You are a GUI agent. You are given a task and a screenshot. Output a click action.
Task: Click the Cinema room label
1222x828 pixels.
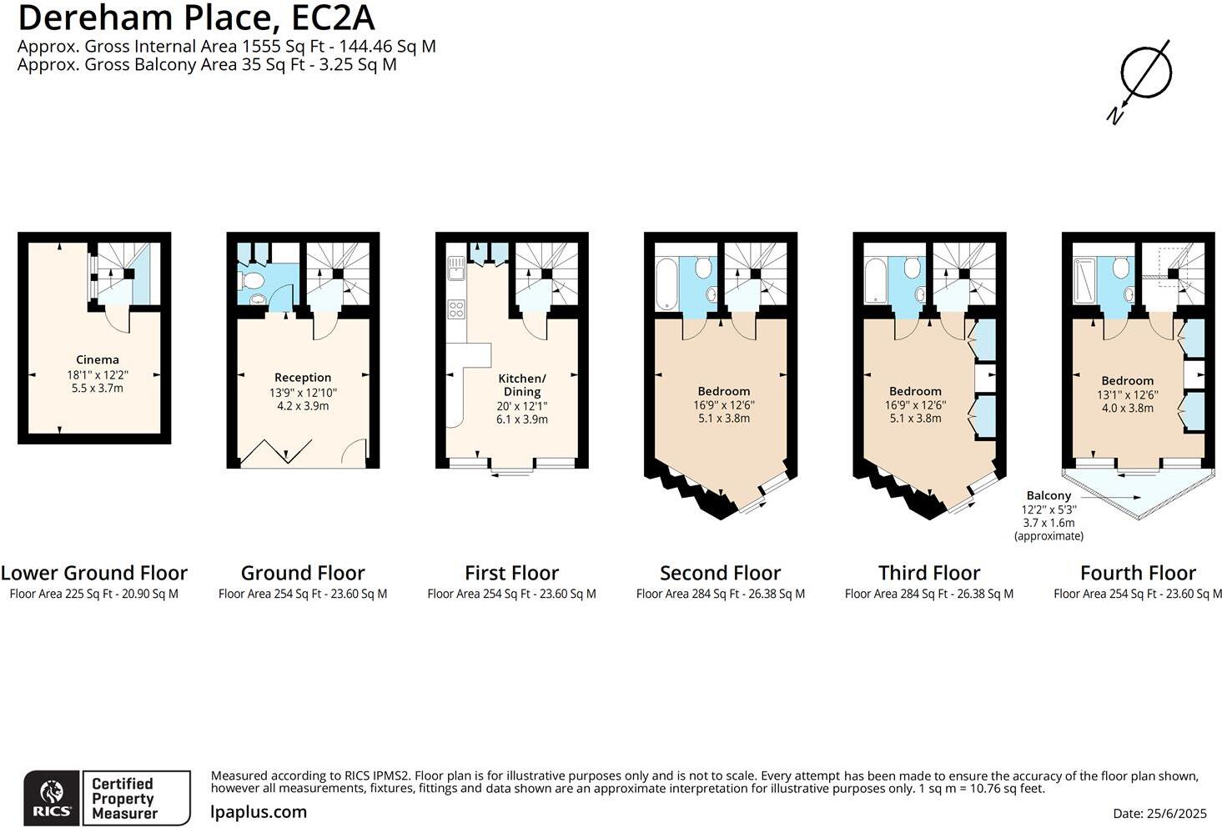pyautogui.click(x=97, y=359)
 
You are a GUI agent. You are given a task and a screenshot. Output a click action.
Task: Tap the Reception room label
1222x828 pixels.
pyautogui.click(x=303, y=378)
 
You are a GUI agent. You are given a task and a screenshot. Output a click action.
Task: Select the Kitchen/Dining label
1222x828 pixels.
pyautogui.click(x=522, y=384)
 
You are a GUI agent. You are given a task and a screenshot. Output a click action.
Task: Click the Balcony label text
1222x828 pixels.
pyautogui.click(x=1049, y=495)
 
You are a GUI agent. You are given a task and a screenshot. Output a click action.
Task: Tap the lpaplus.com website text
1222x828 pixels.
pyautogui.click(x=259, y=811)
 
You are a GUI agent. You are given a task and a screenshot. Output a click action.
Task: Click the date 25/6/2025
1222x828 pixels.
pyautogui.click(x=1175, y=813)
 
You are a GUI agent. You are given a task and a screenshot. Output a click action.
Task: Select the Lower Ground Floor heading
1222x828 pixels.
pyautogui.click(x=93, y=573)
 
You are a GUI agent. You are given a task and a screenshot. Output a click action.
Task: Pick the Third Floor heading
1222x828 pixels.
pyautogui.click(x=929, y=573)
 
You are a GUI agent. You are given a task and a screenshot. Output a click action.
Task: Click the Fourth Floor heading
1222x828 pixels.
pyautogui.click(x=1138, y=573)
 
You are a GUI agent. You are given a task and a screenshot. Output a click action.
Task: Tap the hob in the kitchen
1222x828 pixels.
pyautogui.click(x=456, y=309)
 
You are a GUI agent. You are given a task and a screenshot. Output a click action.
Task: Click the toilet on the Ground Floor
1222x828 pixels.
pyautogui.click(x=252, y=281)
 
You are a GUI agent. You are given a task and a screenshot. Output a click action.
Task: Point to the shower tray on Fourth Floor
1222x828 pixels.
pyautogui.click(x=1084, y=280)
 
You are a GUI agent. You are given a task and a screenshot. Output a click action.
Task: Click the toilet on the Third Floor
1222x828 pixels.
pyautogui.click(x=912, y=268)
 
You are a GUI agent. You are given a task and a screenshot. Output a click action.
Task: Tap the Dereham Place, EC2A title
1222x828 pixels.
pyautogui.click(x=196, y=18)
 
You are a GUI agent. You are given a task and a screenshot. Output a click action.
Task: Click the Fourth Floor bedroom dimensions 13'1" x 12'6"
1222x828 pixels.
pyautogui.click(x=1127, y=394)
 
